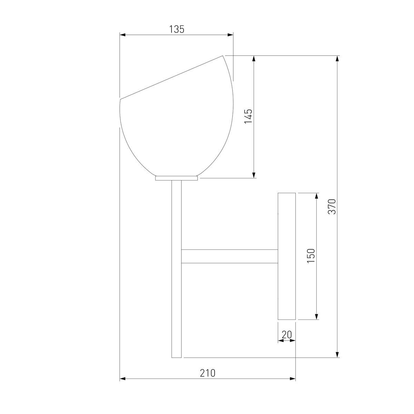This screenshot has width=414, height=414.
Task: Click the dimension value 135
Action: (177, 29)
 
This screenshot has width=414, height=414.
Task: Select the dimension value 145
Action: (248, 116)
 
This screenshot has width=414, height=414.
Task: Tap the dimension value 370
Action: (332, 206)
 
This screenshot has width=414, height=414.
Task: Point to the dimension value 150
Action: (311, 256)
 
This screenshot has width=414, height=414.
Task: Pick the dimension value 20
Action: (287, 334)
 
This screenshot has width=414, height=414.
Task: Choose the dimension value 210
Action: (208, 373)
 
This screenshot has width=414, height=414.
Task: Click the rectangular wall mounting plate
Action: (287, 256)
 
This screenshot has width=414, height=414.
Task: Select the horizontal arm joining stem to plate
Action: (229, 256)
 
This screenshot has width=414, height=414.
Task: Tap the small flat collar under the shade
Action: (176, 178)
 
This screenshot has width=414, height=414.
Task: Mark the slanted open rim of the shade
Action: (171, 78)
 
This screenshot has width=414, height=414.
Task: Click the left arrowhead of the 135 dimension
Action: (122, 34)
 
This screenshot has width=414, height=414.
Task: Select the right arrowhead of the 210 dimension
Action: (293, 379)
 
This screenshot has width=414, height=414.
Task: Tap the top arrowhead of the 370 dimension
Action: (337, 58)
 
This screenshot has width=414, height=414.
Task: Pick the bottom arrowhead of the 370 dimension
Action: (337, 355)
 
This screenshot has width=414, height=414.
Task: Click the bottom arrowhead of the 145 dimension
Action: (254, 175)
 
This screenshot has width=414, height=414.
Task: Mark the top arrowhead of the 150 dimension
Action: (316, 196)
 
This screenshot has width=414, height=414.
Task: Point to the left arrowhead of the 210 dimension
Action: (122, 379)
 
